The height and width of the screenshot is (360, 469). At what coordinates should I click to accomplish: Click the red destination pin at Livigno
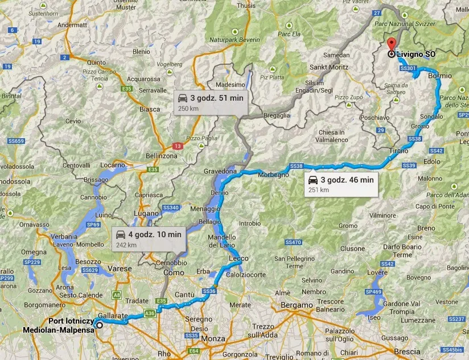[390, 44]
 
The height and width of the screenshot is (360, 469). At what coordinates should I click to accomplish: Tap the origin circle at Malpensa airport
[100, 325]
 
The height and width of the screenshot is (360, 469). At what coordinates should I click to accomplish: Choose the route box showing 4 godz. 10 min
[149, 238]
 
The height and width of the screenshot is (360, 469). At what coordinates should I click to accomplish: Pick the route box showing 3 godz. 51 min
[210, 102]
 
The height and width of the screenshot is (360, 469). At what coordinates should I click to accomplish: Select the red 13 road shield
[178, 146]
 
